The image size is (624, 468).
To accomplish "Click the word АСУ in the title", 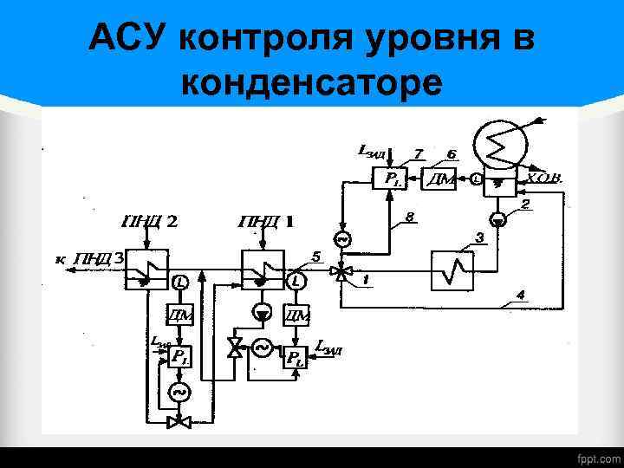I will pos(129,39).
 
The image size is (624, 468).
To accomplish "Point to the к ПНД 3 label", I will pos(88,258).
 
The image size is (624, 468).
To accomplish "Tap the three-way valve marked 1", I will pos(343,274).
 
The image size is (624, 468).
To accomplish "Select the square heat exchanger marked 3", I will pos(454,271).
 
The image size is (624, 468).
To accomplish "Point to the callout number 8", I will pos(406,215).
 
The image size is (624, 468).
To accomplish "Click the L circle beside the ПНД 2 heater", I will pos(180,283).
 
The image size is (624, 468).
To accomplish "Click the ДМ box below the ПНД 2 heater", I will pos(180,315).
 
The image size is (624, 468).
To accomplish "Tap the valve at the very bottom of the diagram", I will pos(180,422).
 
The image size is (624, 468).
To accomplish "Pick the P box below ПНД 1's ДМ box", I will pos(296,355).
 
